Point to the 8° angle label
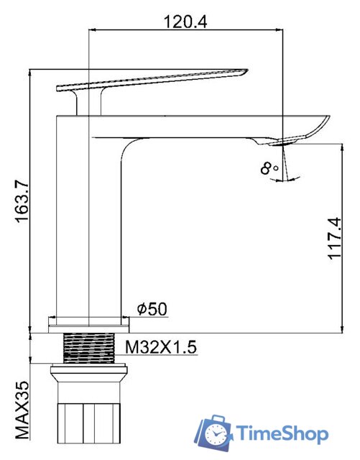coord(270,169)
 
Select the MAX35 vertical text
coord(23,410)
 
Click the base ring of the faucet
coord(86,321)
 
